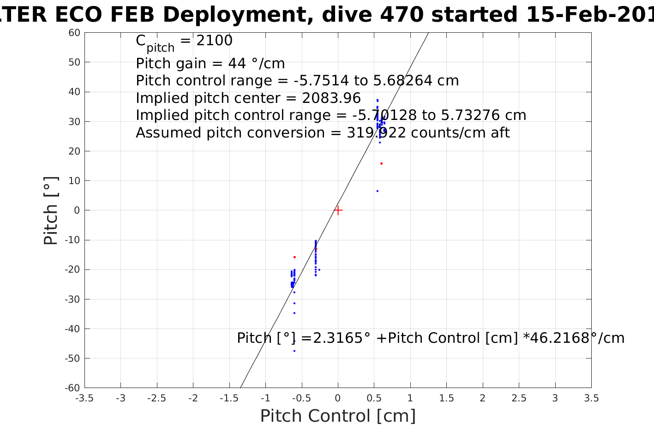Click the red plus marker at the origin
tap(338, 210)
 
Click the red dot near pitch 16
tap(381, 163)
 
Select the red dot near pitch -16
tap(294, 257)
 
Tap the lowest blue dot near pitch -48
tap(294, 351)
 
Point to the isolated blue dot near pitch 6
tap(377, 191)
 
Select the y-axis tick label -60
tap(73, 388)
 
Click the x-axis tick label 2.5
tap(519, 398)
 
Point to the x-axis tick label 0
tap(338, 398)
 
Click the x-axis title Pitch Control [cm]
tap(338, 416)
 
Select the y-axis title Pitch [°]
tap(51, 210)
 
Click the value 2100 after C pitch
tap(214, 41)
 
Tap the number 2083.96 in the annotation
tap(331, 98)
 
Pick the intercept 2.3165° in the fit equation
tap(342, 338)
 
